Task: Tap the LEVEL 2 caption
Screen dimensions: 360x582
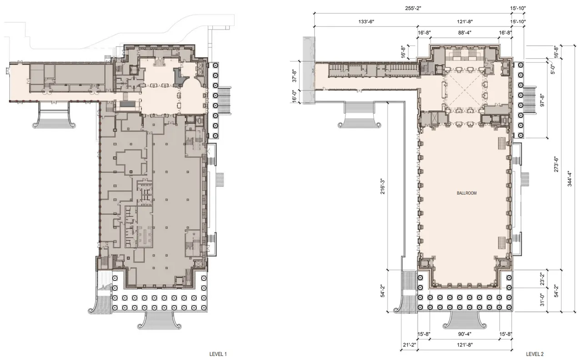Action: (535, 354)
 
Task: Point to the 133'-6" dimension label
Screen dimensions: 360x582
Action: (365, 22)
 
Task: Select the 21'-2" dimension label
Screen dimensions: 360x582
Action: (409, 345)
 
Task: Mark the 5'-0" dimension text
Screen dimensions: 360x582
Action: (553, 69)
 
